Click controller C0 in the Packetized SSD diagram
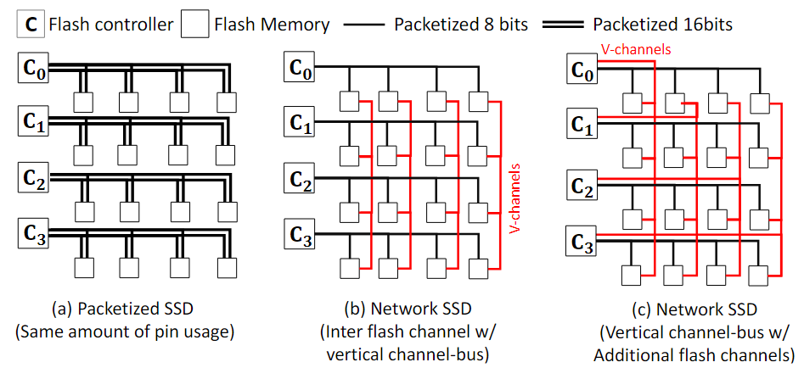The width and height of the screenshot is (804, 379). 31,69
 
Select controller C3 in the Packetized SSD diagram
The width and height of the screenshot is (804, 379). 31,233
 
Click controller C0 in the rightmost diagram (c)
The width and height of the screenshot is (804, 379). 582,72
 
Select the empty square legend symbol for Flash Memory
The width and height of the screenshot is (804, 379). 196,25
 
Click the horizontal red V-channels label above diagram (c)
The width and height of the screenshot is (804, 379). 636,49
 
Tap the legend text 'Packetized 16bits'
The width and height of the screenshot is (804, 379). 663,25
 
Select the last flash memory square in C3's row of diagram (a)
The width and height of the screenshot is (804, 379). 226,266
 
